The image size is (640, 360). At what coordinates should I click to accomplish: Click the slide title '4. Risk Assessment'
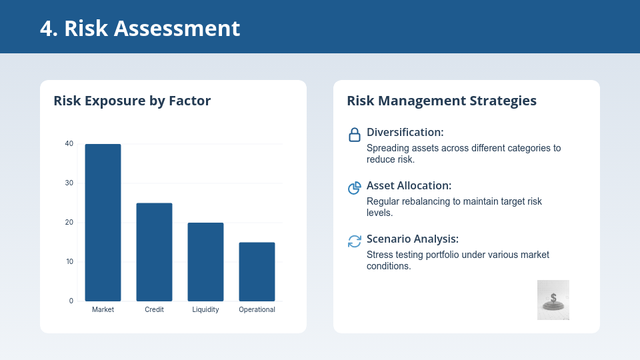click(x=140, y=28)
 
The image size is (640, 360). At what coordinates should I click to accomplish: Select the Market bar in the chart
click(x=103, y=223)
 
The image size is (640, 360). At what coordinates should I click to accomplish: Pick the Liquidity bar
click(x=205, y=262)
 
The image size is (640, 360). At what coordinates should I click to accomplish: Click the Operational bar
click(x=257, y=272)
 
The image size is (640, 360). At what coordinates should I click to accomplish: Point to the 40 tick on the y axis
click(x=69, y=144)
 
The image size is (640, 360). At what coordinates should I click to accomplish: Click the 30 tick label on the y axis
click(x=69, y=183)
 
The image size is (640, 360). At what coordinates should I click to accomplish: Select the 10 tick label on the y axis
click(x=69, y=262)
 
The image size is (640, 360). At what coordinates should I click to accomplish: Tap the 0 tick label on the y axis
click(x=71, y=301)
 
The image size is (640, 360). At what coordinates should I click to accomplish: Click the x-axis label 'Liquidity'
click(x=205, y=310)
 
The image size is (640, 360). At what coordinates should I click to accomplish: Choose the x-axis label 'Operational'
click(x=257, y=310)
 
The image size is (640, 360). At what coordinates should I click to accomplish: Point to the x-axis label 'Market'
click(x=103, y=310)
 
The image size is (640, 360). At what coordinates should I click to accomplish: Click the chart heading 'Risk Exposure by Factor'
click(x=132, y=101)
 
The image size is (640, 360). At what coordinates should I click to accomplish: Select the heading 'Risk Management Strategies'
click(x=441, y=101)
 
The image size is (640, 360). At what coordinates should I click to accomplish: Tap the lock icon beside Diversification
click(x=355, y=135)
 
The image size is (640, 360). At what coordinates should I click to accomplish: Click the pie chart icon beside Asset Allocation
click(x=355, y=188)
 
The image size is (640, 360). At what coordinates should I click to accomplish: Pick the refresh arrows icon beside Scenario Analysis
click(x=355, y=241)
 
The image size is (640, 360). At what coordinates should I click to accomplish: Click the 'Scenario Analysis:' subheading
click(x=413, y=239)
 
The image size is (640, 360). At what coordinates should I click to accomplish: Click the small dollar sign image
click(x=553, y=300)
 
